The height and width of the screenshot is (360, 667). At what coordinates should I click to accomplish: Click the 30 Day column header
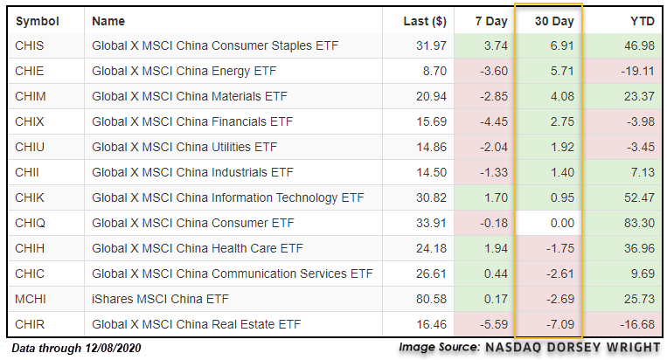coord(554,21)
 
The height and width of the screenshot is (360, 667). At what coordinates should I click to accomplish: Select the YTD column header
coord(643,21)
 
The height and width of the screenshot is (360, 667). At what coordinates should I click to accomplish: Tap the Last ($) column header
coord(425,21)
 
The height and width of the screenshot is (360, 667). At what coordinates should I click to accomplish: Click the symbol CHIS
coord(30,45)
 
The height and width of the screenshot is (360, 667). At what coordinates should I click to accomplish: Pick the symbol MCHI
coord(31,299)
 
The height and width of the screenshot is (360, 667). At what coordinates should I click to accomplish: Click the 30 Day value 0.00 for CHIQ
coord(562,223)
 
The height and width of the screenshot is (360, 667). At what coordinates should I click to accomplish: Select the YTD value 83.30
coord(639,223)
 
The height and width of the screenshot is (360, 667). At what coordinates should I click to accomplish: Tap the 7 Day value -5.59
coord(494,324)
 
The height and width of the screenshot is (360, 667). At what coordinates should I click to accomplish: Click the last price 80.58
coord(431,299)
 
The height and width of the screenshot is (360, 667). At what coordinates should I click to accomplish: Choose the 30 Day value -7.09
coord(560,324)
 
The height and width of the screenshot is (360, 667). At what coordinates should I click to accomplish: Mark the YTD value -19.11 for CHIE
coord(637,71)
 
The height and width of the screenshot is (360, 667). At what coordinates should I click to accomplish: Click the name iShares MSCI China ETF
coord(160,299)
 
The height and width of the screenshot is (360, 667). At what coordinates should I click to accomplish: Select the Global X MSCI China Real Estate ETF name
coord(196,324)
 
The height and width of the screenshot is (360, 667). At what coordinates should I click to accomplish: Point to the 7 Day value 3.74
coord(496,45)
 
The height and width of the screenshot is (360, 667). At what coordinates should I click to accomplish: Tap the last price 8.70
coord(434,71)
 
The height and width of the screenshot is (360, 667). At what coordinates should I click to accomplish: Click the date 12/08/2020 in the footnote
coord(113,348)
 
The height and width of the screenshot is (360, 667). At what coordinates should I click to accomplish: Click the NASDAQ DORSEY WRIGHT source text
coord(573,347)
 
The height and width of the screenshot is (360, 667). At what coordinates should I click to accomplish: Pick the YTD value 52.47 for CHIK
coord(639,197)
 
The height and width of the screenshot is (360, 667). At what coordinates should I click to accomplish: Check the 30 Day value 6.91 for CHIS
coord(562,45)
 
